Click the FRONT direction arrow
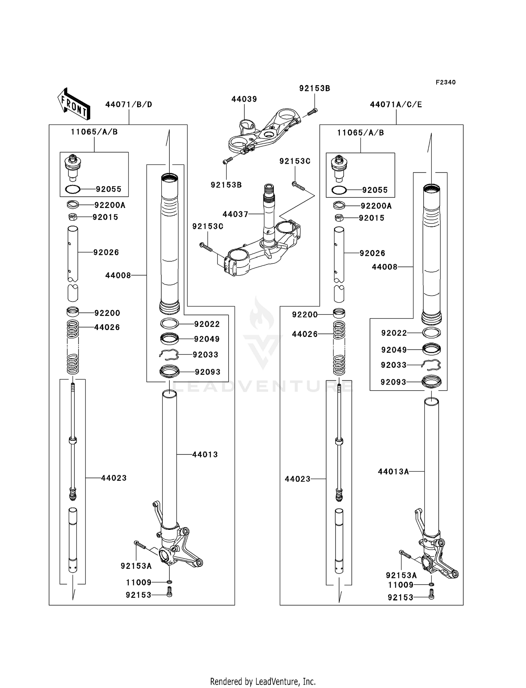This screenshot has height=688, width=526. (74, 104)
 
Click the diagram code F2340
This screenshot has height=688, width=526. (445, 82)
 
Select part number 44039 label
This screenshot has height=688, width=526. (244, 99)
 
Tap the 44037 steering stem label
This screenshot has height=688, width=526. (235, 214)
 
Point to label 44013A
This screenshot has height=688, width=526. (393, 472)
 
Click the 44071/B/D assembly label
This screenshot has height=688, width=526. (129, 104)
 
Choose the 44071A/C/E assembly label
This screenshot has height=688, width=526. (396, 104)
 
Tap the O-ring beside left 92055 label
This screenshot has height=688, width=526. (73, 189)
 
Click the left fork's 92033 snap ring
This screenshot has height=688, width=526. (169, 355)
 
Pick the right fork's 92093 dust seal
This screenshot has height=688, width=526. (431, 382)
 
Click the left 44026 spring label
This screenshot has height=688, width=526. (107, 328)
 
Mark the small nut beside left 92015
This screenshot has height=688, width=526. (72, 217)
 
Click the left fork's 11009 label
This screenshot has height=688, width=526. (139, 582)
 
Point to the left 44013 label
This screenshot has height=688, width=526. (205, 454)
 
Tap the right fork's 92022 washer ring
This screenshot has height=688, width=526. (431, 332)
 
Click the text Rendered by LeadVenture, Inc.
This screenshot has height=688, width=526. (263, 681)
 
